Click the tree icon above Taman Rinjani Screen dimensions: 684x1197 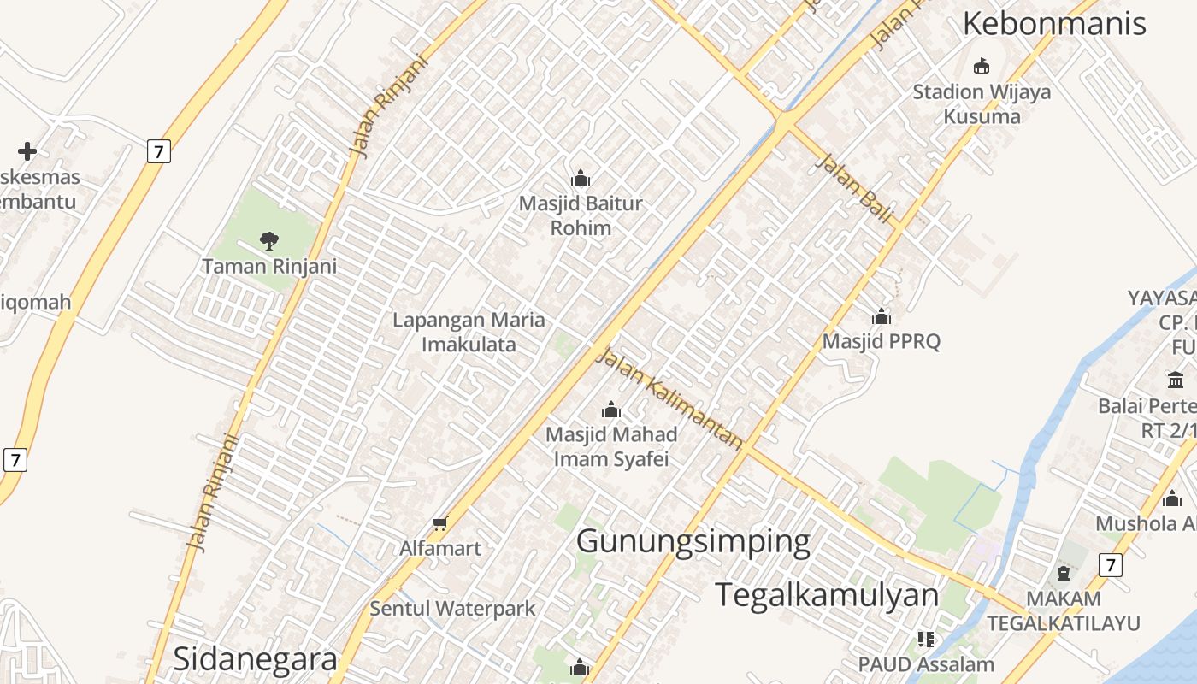pyautogui.click(x=269, y=241)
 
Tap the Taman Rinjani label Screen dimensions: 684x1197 pyautogui.click(x=269, y=266)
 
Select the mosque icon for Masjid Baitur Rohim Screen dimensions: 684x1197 pyautogui.click(x=581, y=178)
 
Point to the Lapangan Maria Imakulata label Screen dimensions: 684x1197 pyautogui.click(x=469, y=333)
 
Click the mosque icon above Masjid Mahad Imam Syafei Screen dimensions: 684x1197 pyautogui.click(x=610, y=410)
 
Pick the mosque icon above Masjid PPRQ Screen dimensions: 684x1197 pyautogui.click(x=881, y=316)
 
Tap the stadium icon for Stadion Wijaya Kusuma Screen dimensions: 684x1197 pyautogui.click(x=982, y=66)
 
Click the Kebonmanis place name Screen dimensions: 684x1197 pyautogui.click(x=1054, y=24)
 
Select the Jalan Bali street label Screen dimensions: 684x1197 pyautogui.click(x=854, y=187)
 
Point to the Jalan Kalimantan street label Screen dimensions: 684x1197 pyautogui.click(x=669, y=398)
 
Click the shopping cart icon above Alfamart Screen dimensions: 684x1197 pyautogui.click(x=439, y=523)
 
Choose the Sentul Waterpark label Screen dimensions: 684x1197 pyautogui.click(x=452, y=609)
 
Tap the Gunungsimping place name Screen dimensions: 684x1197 pyautogui.click(x=693, y=542)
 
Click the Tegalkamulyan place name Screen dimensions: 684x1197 pyautogui.click(x=827, y=595)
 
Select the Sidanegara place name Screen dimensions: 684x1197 pyautogui.click(x=256, y=659)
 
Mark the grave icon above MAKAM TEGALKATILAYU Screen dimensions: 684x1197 pyautogui.click(x=1064, y=574)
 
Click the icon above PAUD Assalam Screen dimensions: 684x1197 pyautogui.click(x=926, y=639)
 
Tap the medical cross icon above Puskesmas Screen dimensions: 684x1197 pyautogui.click(x=27, y=151)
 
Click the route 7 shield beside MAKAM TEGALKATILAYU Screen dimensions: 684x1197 pyautogui.click(x=1110, y=565)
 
